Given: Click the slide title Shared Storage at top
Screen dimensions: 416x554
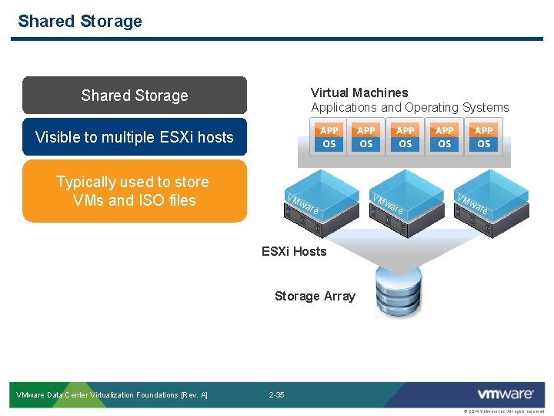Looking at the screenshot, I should tap(80, 21).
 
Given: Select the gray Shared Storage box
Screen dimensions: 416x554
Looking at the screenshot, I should tap(135, 96).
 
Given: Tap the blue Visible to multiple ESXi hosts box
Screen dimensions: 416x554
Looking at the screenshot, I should tap(135, 137).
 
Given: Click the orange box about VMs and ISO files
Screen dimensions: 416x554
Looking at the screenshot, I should tap(135, 191).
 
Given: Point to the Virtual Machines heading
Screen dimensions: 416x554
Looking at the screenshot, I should tap(359, 92).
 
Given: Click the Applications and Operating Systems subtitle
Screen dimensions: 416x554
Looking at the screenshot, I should tap(409, 107).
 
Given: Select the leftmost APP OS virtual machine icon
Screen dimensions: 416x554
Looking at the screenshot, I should tap(329, 137).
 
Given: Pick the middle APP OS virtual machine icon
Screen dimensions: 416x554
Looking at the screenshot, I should tap(405, 137).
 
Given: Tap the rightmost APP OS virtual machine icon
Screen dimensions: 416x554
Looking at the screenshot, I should tap(484, 137).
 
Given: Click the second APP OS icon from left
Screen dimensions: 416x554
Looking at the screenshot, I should tap(366, 137).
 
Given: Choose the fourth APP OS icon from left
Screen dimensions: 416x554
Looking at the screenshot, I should tap(445, 137).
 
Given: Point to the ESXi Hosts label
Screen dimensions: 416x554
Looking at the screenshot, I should tap(294, 251).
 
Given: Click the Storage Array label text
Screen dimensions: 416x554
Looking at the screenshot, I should tap(315, 296).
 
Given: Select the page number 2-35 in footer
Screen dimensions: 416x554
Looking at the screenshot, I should tap(276, 395).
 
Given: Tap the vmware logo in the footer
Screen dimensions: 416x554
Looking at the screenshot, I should tap(505, 394).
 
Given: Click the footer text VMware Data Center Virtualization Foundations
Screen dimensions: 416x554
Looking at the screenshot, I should tap(112, 395).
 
